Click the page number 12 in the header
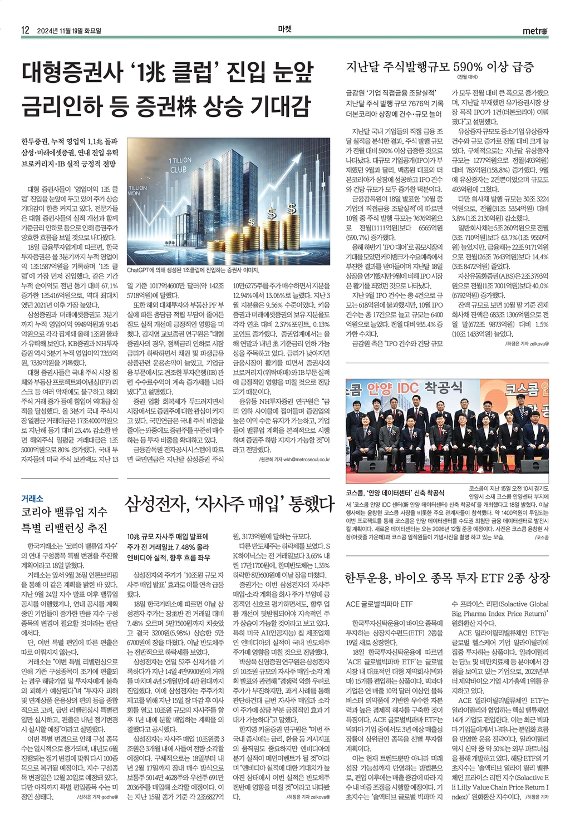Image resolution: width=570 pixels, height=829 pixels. pyautogui.click(x=25, y=31)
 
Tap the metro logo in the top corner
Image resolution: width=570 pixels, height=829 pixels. pyautogui.click(x=535, y=31)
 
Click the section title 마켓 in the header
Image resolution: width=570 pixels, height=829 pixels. pyautogui.click(x=284, y=30)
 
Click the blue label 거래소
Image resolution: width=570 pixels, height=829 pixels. pyautogui.click(x=32, y=499)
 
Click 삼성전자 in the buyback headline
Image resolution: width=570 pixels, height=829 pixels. pyautogui.click(x=156, y=504)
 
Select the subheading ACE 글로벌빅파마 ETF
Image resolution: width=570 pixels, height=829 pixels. pyautogui.click(x=379, y=604)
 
